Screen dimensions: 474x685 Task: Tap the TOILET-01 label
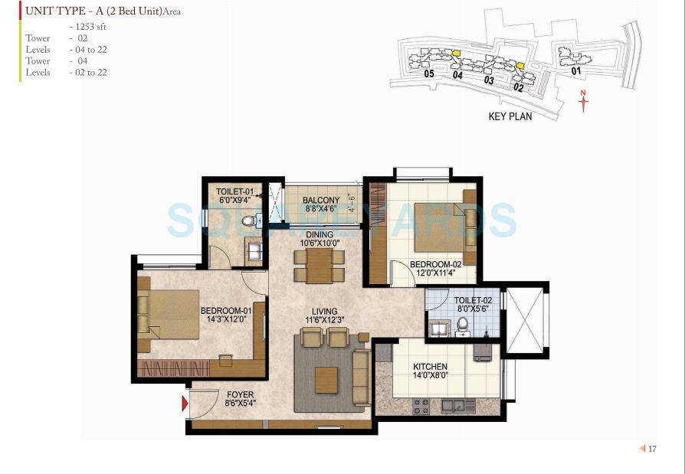click(x=234, y=191)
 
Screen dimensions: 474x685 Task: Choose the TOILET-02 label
click(x=472, y=301)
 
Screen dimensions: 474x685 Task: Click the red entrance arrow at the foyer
click(x=185, y=404)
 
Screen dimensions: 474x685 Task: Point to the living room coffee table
click(x=326, y=380)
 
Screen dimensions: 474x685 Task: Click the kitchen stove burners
click(x=421, y=405)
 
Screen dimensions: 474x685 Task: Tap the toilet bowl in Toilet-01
click(x=247, y=221)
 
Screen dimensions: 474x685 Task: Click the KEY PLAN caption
click(x=510, y=116)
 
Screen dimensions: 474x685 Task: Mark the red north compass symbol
click(x=583, y=101)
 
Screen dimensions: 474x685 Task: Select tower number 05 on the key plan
click(x=428, y=74)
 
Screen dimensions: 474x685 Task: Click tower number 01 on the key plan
click(x=576, y=70)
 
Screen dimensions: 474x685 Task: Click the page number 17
click(x=652, y=449)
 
